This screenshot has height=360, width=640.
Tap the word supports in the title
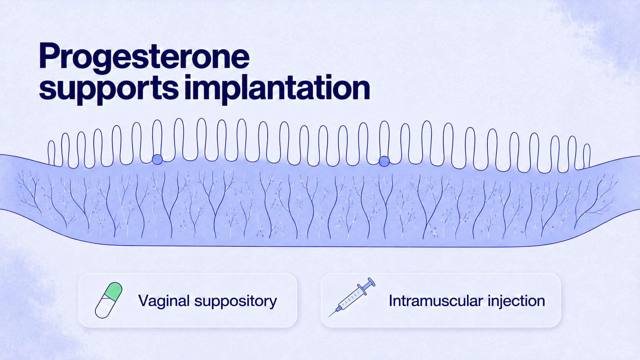109,88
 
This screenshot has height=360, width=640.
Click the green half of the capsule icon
113,291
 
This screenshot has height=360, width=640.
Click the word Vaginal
164,301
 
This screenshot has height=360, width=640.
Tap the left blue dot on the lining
157,160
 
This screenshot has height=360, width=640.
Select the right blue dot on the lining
384,161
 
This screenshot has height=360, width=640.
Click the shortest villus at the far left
51,153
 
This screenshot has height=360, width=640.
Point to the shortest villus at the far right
586,156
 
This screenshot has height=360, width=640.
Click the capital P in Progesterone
49,56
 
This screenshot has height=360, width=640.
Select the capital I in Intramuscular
390,301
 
